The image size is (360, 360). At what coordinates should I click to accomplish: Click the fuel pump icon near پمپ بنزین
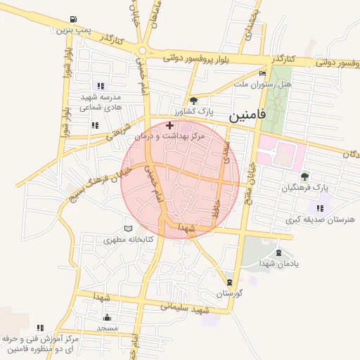click(75, 20)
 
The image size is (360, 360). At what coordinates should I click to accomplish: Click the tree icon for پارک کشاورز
click(193, 101)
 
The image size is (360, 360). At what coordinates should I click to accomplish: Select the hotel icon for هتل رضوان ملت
click(263, 73)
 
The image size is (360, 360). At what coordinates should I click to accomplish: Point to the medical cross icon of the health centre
click(169, 124)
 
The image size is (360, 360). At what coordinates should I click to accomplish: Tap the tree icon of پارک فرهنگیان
click(304, 177)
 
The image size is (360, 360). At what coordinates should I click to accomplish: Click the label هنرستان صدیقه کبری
click(320, 220)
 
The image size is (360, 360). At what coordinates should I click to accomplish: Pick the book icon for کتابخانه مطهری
click(127, 229)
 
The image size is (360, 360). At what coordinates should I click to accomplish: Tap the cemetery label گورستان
click(229, 292)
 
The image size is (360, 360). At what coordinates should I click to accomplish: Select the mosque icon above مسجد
click(107, 317)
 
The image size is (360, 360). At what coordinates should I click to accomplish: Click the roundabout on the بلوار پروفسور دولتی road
click(144, 51)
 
